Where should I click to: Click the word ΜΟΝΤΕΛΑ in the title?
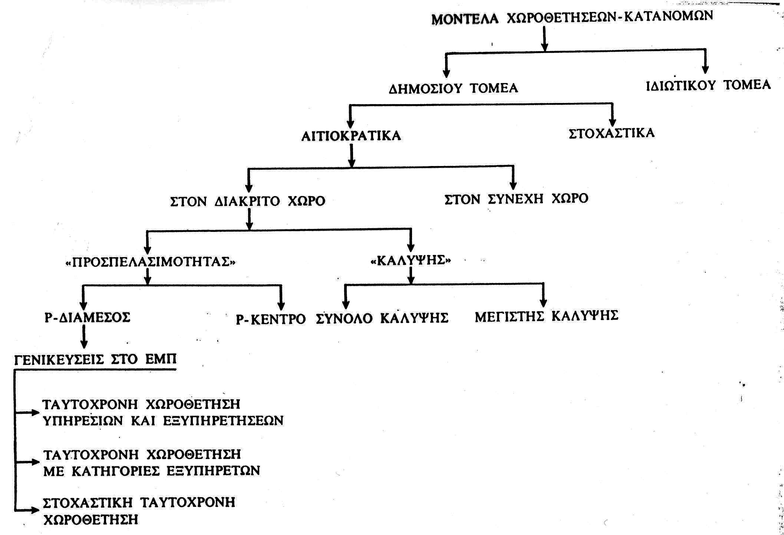pyautogui.click(x=465, y=19)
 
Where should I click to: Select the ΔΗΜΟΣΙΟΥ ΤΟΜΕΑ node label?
pyautogui.click(x=453, y=89)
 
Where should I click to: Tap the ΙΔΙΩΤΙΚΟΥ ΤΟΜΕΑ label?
pyautogui.click(x=708, y=85)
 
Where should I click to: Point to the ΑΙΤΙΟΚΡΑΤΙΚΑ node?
pyautogui.click(x=351, y=136)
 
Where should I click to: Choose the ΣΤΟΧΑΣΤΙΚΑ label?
pyautogui.click(x=612, y=133)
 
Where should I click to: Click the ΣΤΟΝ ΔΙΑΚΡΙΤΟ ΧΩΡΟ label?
pyautogui.click(x=248, y=201)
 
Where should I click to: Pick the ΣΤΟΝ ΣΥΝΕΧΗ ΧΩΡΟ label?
pyautogui.click(x=516, y=199)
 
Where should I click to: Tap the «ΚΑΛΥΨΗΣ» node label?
pyautogui.click(x=411, y=260)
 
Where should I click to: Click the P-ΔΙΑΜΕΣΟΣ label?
pyautogui.click(x=88, y=317)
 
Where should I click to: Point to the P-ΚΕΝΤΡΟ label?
pyautogui.click(x=271, y=319)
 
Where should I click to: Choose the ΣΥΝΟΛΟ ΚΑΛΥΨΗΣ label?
pyautogui.click(x=382, y=318)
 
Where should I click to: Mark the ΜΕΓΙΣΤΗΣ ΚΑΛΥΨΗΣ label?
pyautogui.click(x=547, y=316)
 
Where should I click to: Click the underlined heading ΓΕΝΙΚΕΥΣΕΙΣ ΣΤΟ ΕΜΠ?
pyautogui.click(x=95, y=359)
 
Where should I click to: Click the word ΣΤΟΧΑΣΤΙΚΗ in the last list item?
pyautogui.click(x=88, y=502)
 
